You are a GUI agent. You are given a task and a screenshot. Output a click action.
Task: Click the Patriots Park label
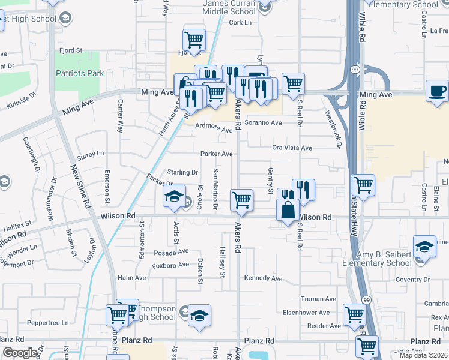79,73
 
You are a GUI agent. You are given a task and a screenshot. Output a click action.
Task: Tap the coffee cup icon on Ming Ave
437,91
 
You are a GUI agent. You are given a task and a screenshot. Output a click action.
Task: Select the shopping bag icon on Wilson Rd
288,209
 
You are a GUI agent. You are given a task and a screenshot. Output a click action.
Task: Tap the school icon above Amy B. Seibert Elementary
424,246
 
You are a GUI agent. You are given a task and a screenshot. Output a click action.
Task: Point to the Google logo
19,353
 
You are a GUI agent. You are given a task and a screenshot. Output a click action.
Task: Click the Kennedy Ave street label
263,278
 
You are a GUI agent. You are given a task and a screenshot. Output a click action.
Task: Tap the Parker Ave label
217,154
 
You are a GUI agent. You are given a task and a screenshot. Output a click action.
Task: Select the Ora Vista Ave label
292,148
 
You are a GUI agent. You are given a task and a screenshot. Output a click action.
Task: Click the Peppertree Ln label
49,323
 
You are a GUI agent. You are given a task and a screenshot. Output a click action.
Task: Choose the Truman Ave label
318,299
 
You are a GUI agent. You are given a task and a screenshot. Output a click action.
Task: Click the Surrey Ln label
90,155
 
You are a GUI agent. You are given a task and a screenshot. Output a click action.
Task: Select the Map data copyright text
423,355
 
